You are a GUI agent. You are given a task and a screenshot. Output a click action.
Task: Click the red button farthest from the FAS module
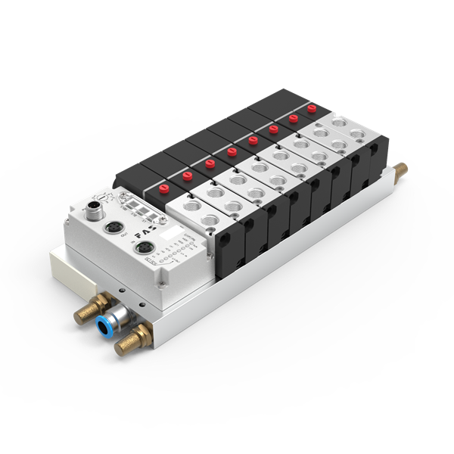point(311,110)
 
